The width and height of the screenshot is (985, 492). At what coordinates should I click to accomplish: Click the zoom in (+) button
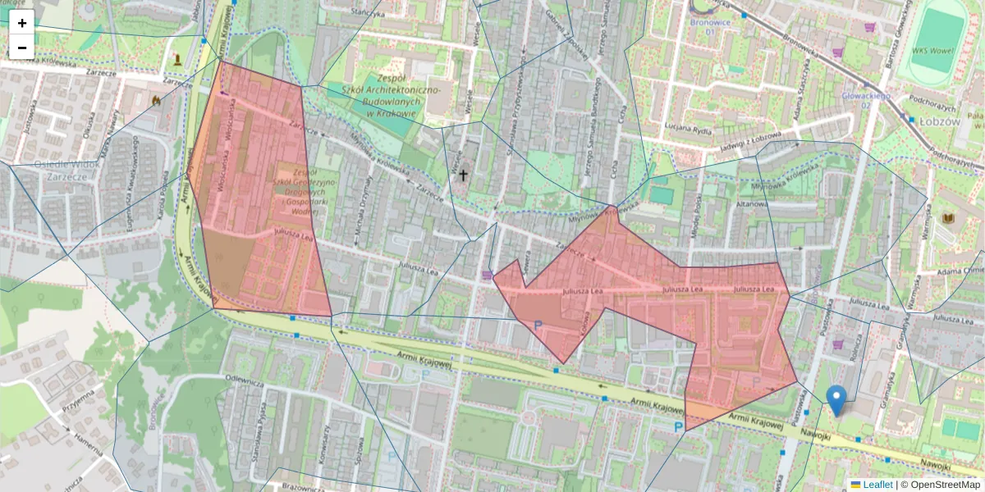tap(22, 23)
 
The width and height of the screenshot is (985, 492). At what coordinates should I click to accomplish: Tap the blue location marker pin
tap(836, 400)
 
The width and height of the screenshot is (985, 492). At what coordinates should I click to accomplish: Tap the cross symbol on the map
tap(463, 175)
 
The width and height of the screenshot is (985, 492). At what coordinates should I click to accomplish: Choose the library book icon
tap(949, 219)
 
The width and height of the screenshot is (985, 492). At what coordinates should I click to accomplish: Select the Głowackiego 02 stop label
tap(865, 100)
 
